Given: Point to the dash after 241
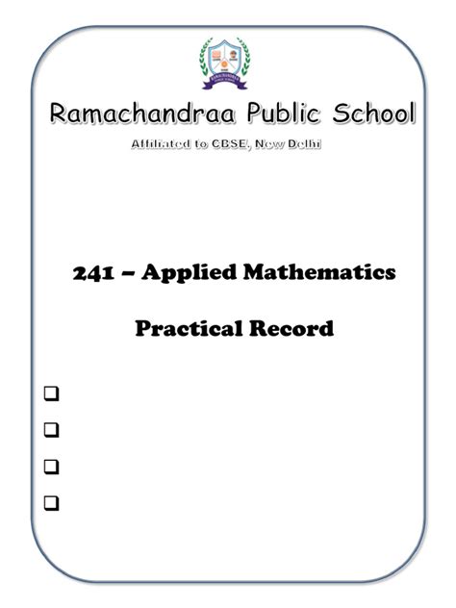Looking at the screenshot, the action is pyautogui.click(x=125, y=274).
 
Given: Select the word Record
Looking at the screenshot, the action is pyautogui.click(x=287, y=329).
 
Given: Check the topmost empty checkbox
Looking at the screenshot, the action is pyautogui.click(x=50, y=394).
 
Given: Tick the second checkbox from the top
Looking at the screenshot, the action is pyautogui.click(x=50, y=430).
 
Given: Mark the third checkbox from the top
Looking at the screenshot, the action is pyautogui.click(x=50, y=467).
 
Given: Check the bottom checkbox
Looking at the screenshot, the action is pyautogui.click(x=50, y=502).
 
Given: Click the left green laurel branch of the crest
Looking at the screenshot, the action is pyautogui.click(x=206, y=60).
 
